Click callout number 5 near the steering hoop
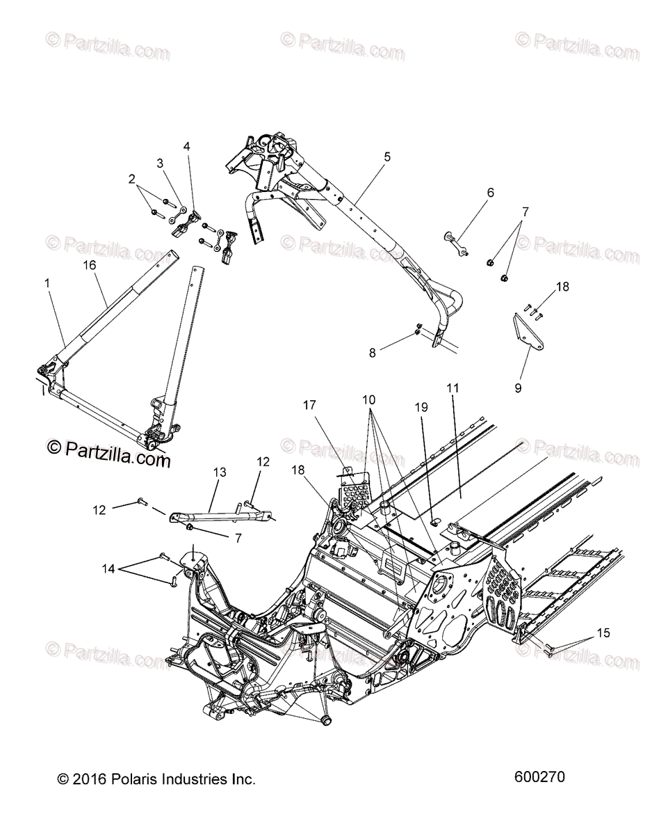point(406,157)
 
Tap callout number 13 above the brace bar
point(220,472)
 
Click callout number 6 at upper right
point(490,193)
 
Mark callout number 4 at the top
point(186,146)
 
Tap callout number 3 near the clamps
point(160,164)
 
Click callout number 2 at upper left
point(132,179)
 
